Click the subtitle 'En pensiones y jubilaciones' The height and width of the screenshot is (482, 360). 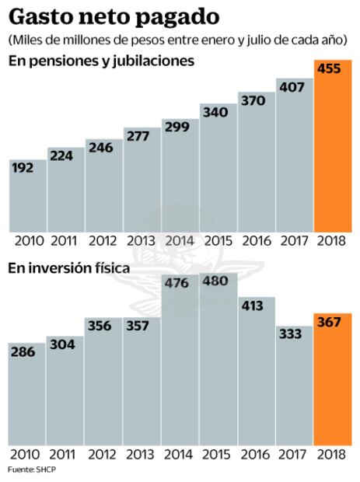101,61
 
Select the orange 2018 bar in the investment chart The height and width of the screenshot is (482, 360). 333,385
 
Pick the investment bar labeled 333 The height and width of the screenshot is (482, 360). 295,389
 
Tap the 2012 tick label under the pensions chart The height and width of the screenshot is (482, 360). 104,240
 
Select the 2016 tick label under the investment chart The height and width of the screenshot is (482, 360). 257,453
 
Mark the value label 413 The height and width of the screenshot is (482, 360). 257,308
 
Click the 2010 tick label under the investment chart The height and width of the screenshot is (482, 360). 27,453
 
